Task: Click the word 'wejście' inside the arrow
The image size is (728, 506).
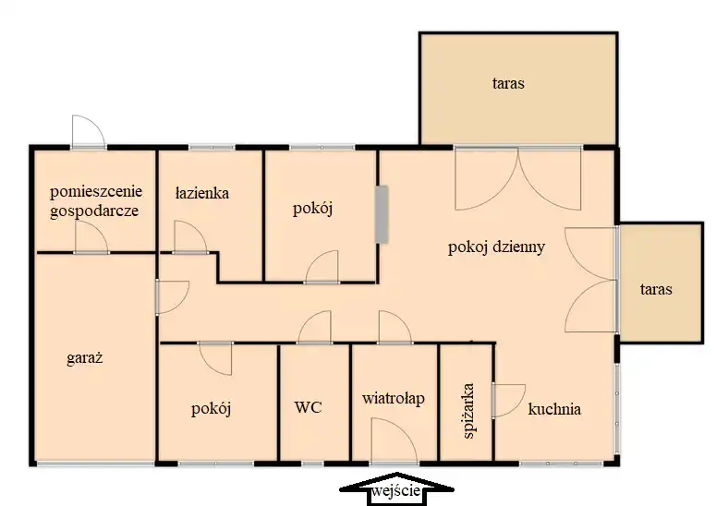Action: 396,490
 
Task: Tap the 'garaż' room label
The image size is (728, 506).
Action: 84,358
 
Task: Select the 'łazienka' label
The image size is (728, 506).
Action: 202,193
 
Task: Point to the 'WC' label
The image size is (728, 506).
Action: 309,407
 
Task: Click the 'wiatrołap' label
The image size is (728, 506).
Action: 394,398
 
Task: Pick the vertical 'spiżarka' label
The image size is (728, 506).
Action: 468,410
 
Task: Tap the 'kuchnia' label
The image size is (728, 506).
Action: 554,409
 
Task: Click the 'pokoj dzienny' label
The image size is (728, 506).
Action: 496,247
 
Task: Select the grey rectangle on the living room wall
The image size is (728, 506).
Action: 382,214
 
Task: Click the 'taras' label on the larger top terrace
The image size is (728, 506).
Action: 508,83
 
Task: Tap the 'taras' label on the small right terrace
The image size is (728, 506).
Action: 656,290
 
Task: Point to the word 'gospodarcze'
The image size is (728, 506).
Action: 94,211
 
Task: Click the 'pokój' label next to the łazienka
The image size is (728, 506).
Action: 312,209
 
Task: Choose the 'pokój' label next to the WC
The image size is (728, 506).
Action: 212,409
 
